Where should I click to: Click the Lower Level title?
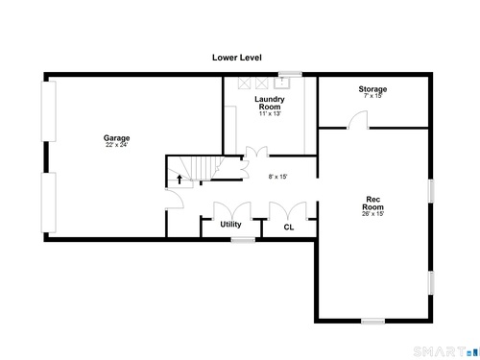click(237, 58)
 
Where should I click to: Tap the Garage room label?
click(116, 138)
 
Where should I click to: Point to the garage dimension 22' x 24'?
click(116, 145)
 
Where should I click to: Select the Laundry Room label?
click(270, 103)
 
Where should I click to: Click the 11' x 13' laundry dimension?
click(270, 113)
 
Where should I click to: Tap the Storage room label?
click(372, 89)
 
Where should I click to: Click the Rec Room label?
click(372, 204)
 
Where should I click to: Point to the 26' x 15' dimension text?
click(372, 214)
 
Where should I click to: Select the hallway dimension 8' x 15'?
click(277, 177)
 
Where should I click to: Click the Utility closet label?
click(230, 225)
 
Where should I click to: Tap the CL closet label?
click(289, 228)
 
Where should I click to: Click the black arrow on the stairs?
click(180, 180)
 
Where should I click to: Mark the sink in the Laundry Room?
click(282, 83)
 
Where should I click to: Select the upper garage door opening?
click(49, 111)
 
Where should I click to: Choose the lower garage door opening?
click(49, 203)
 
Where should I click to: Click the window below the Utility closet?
click(243, 240)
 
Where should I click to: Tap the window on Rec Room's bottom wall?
click(372, 321)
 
